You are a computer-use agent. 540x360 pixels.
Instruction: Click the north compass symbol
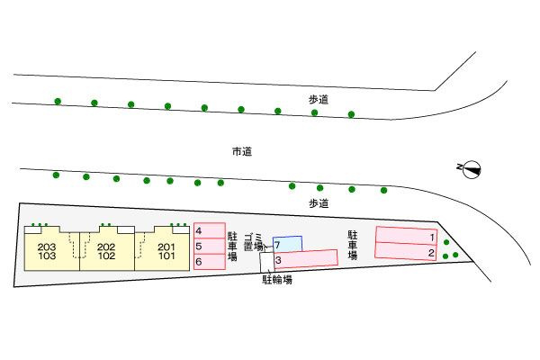[471, 169]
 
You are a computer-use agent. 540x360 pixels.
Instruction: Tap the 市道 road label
[242, 151]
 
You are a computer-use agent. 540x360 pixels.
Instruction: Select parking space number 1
[406, 235]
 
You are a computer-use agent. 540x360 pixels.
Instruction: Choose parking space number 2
[406, 251]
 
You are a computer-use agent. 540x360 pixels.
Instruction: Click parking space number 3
[306, 258]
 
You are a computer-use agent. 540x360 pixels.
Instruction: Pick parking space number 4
[210, 230]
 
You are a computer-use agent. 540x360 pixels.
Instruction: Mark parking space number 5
[210, 246]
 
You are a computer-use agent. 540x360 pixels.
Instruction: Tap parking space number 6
[210, 262]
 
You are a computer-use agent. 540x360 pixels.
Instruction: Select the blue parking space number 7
[287, 244]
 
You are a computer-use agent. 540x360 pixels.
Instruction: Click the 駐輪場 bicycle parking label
[277, 280]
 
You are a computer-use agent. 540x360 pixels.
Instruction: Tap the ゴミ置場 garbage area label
[254, 242]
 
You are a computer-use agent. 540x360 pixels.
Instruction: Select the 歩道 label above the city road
[319, 100]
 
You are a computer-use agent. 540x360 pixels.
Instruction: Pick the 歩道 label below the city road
[319, 203]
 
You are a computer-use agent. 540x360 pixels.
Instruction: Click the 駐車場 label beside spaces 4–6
[232, 247]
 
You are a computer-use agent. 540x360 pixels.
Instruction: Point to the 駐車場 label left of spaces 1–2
[352, 245]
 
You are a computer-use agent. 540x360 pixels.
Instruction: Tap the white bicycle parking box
[267, 262]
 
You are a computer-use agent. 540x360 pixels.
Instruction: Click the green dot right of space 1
[446, 242]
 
